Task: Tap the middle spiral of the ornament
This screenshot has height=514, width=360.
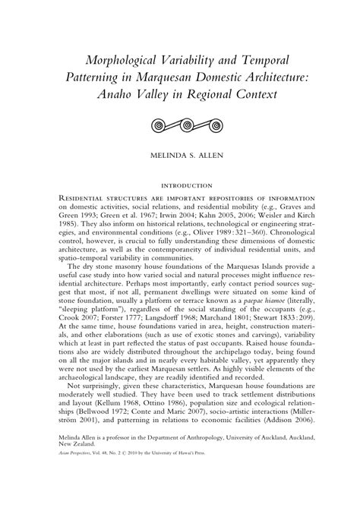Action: click(180, 123)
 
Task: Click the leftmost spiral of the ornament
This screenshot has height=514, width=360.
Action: click(158, 123)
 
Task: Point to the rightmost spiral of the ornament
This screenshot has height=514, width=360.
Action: click(202, 123)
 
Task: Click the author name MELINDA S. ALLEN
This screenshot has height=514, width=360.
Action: click(180, 156)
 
